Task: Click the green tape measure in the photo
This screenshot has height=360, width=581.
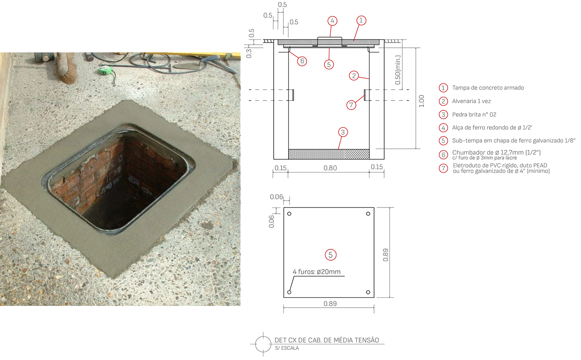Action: pos(105,70)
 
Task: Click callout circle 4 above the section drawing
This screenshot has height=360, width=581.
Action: pos(332,21)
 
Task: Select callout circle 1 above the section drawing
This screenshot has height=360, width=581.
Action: pos(361,20)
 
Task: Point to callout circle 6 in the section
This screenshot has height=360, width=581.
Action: pos(302,61)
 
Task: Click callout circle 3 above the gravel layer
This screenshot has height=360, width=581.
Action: pos(343,132)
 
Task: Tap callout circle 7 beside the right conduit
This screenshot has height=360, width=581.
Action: pos(351,105)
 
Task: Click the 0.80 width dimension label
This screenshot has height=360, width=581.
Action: pos(330,168)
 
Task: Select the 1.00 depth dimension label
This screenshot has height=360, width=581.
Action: pos(421,101)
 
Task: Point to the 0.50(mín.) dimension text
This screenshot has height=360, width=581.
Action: pos(398,70)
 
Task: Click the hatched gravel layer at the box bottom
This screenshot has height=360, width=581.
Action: pos(329,154)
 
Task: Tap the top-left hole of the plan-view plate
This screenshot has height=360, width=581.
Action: pos(289,214)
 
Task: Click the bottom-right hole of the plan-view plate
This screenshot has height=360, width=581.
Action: pos(368,292)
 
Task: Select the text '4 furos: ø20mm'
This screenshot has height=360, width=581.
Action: pos(316,272)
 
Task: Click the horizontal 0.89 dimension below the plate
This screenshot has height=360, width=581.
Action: pos(330,304)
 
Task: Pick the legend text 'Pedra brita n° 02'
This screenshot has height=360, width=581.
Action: pos(474,115)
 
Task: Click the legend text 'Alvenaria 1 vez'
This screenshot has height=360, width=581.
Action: pos(471,101)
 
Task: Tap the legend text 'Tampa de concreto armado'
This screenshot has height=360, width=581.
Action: pos(488,88)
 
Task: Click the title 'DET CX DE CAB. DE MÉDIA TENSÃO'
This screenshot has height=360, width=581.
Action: pos(327,340)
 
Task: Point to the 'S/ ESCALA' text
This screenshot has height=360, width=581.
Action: pos(287,348)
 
